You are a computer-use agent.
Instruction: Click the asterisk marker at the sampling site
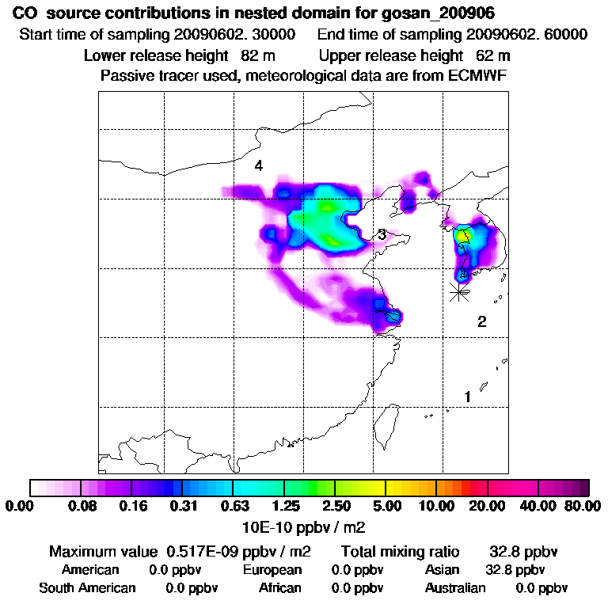(458, 291)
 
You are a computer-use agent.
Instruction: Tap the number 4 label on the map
(258, 165)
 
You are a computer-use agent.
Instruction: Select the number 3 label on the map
(382, 234)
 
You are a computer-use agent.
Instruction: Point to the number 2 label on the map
(481, 321)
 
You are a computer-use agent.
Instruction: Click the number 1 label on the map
(468, 396)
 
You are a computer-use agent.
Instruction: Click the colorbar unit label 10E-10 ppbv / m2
(304, 526)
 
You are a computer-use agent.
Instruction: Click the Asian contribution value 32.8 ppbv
(515, 570)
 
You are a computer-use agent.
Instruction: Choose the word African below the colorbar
(279, 588)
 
